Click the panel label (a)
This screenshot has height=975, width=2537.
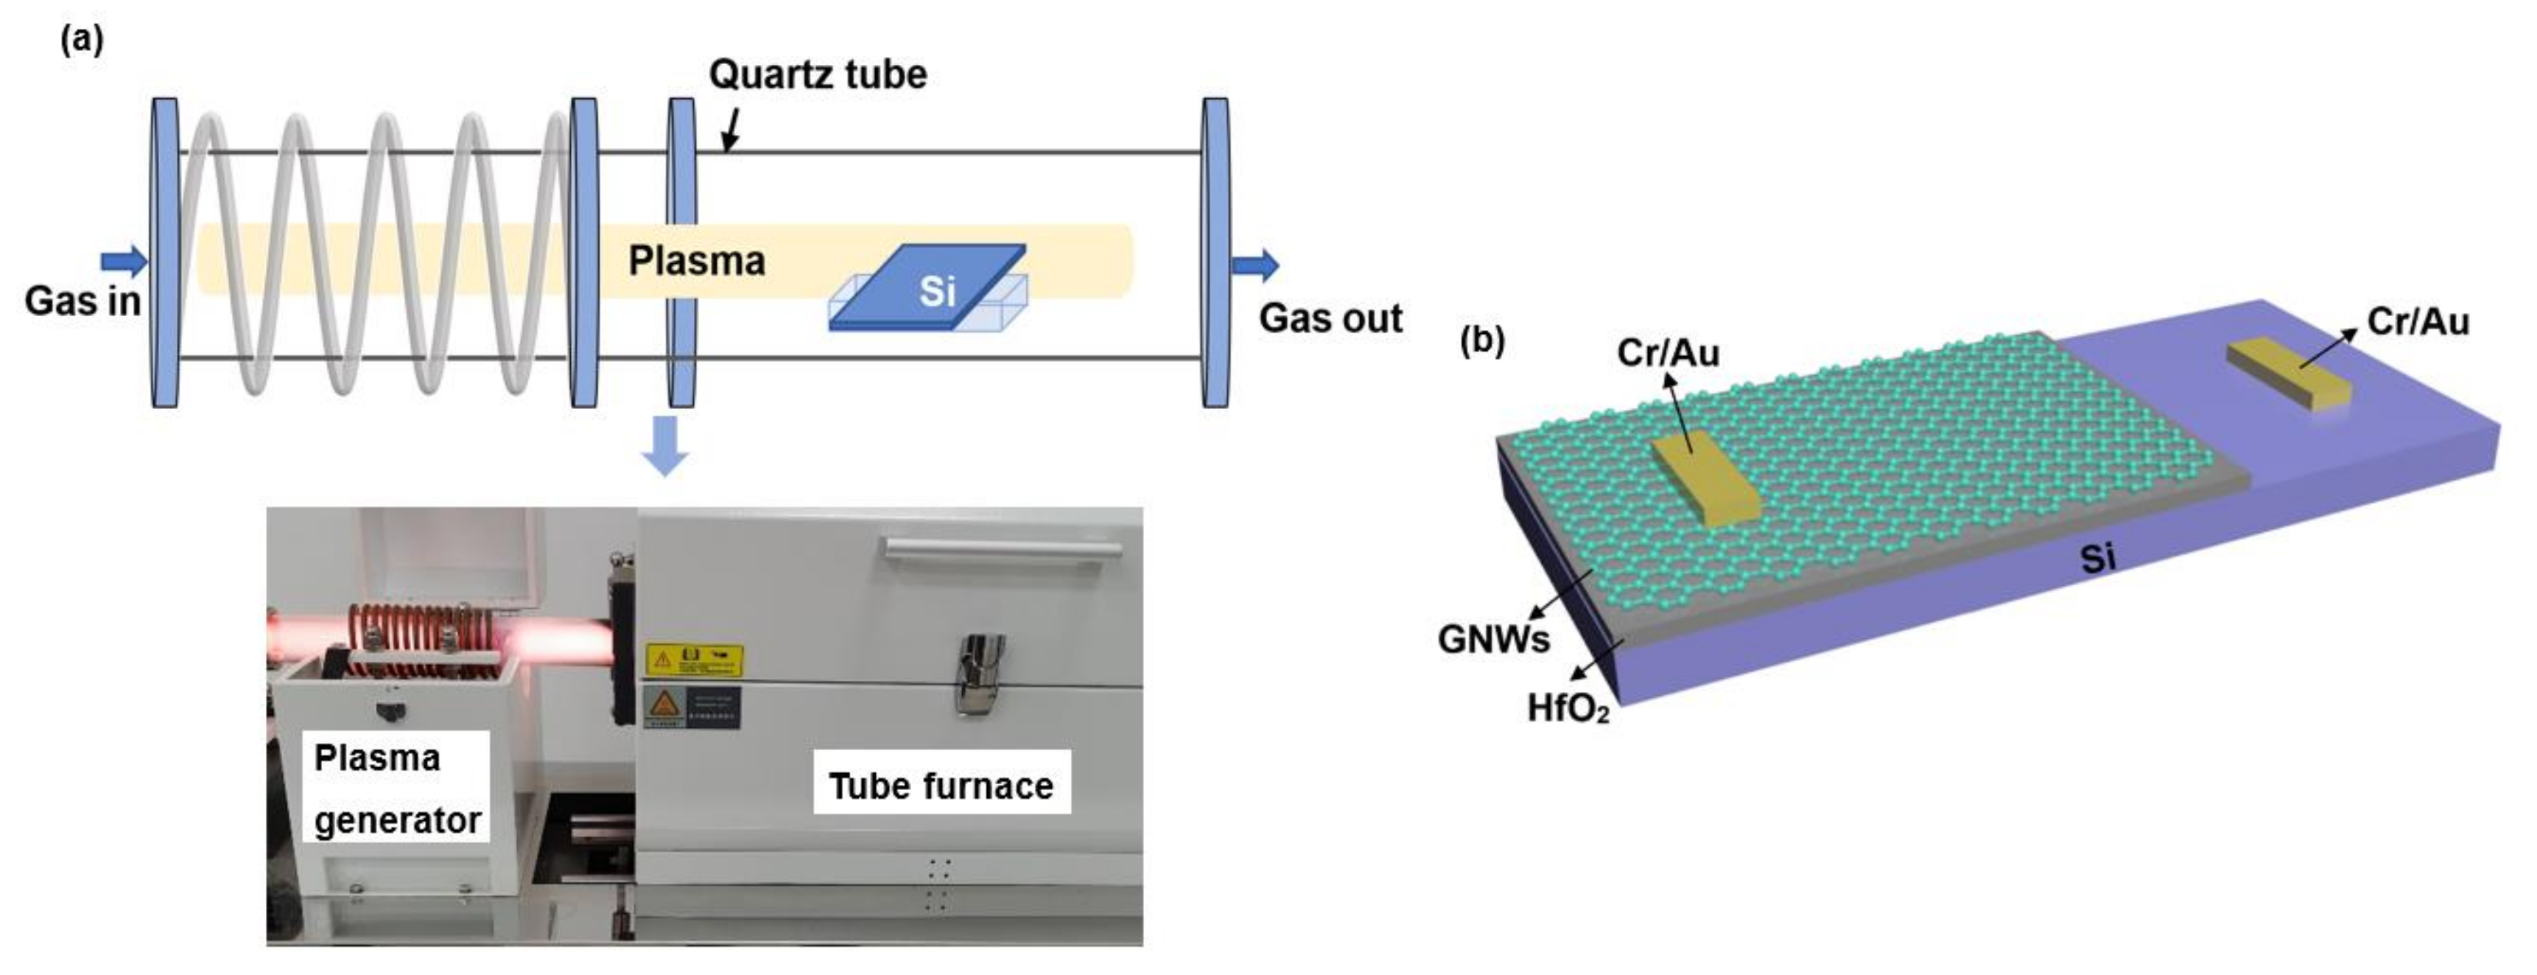coord(82,41)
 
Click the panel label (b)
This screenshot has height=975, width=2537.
coord(1482,340)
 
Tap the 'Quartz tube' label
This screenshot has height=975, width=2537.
coord(818,75)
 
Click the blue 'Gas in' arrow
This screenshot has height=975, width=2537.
coord(124,261)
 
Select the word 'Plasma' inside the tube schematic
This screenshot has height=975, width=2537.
coord(696,261)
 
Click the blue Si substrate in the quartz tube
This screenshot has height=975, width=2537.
coord(930,287)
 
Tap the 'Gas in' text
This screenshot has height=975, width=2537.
coord(83,301)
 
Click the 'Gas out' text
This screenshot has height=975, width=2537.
coord(1330,318)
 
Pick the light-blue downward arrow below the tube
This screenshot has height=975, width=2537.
coord(664,446)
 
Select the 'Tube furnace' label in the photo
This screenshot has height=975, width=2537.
coord(941,786)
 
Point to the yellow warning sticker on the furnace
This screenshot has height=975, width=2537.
coord(695,660)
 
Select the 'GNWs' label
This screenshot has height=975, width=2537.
coord(1493,639)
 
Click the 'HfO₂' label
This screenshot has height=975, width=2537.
coord(1568,708)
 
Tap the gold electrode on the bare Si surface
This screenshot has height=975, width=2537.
coord(2289,373)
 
